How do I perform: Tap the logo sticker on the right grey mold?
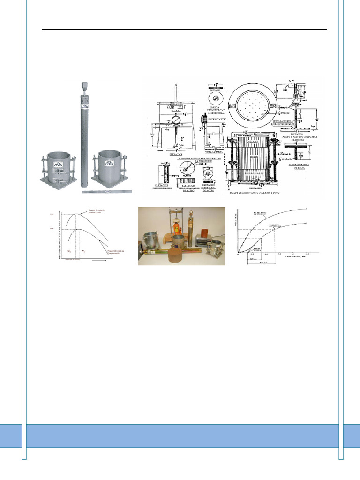pos(109,164)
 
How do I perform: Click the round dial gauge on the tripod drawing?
pos(176,120)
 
